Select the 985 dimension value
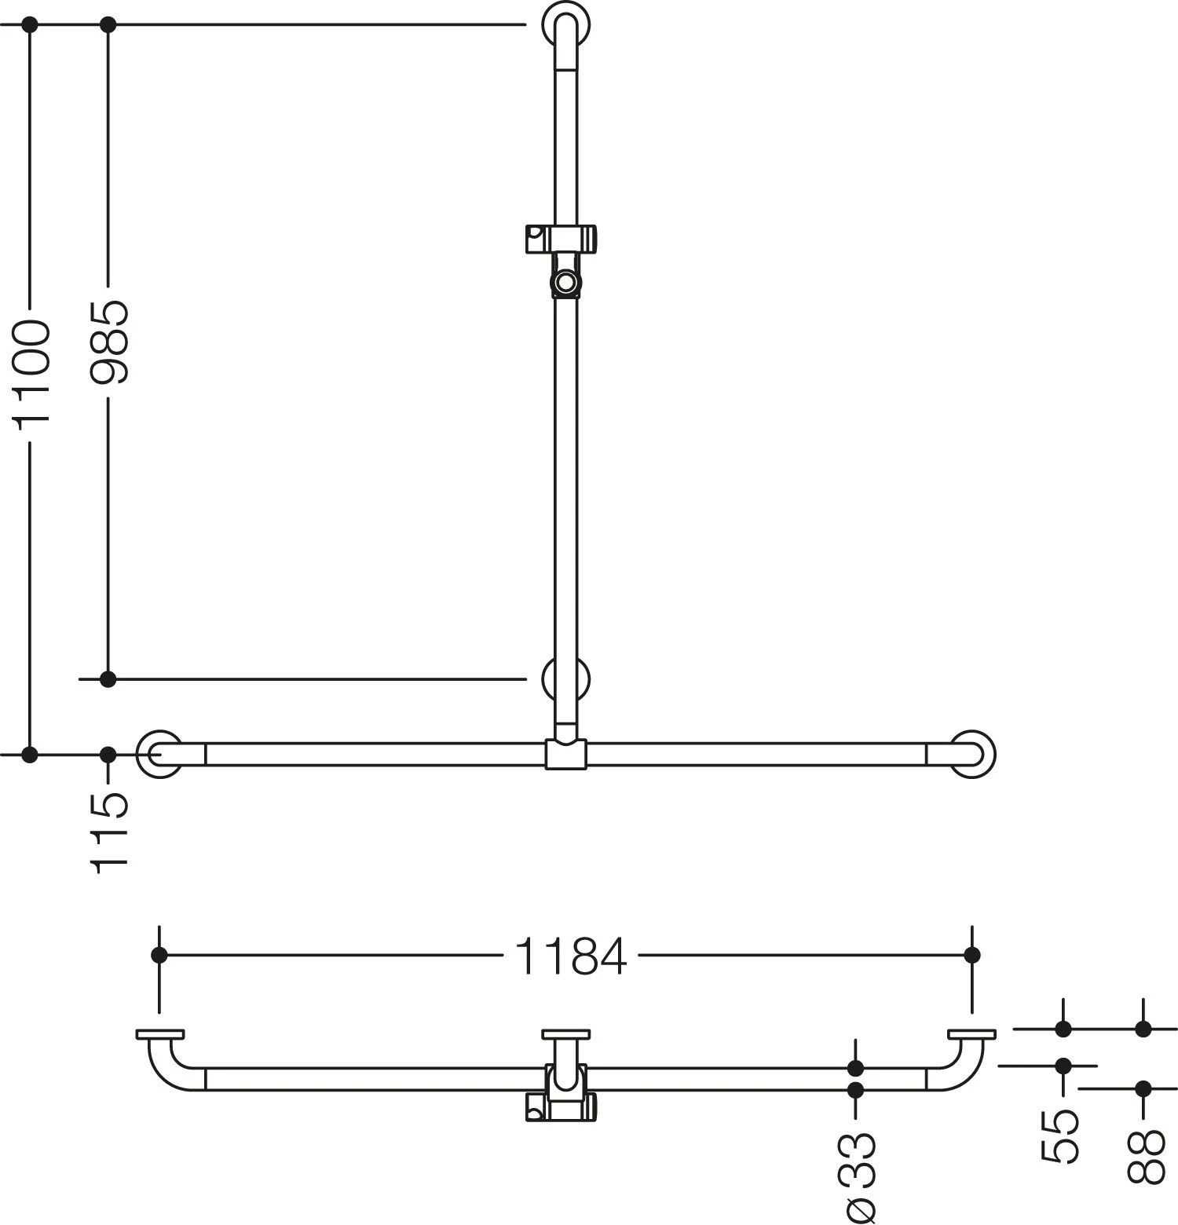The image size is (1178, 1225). (108, 343)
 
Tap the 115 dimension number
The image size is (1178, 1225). (108, 832)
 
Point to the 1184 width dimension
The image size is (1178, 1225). (571, 956)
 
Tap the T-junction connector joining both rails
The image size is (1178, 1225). (565, 755)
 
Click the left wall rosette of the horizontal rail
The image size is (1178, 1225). (159, 755)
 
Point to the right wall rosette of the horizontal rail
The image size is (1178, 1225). (973, 755)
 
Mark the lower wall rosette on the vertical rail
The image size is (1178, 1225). (566, 678)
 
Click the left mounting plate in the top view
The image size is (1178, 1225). (159, 1034)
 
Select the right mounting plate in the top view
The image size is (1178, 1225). (971, 1034)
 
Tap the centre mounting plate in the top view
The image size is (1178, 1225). (566, 1034)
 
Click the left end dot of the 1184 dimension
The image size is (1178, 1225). (159, 955)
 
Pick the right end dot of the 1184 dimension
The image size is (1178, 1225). (972, 955)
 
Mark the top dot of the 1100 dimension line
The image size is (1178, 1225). (30, 25)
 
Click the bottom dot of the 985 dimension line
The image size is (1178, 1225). (108, 678)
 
